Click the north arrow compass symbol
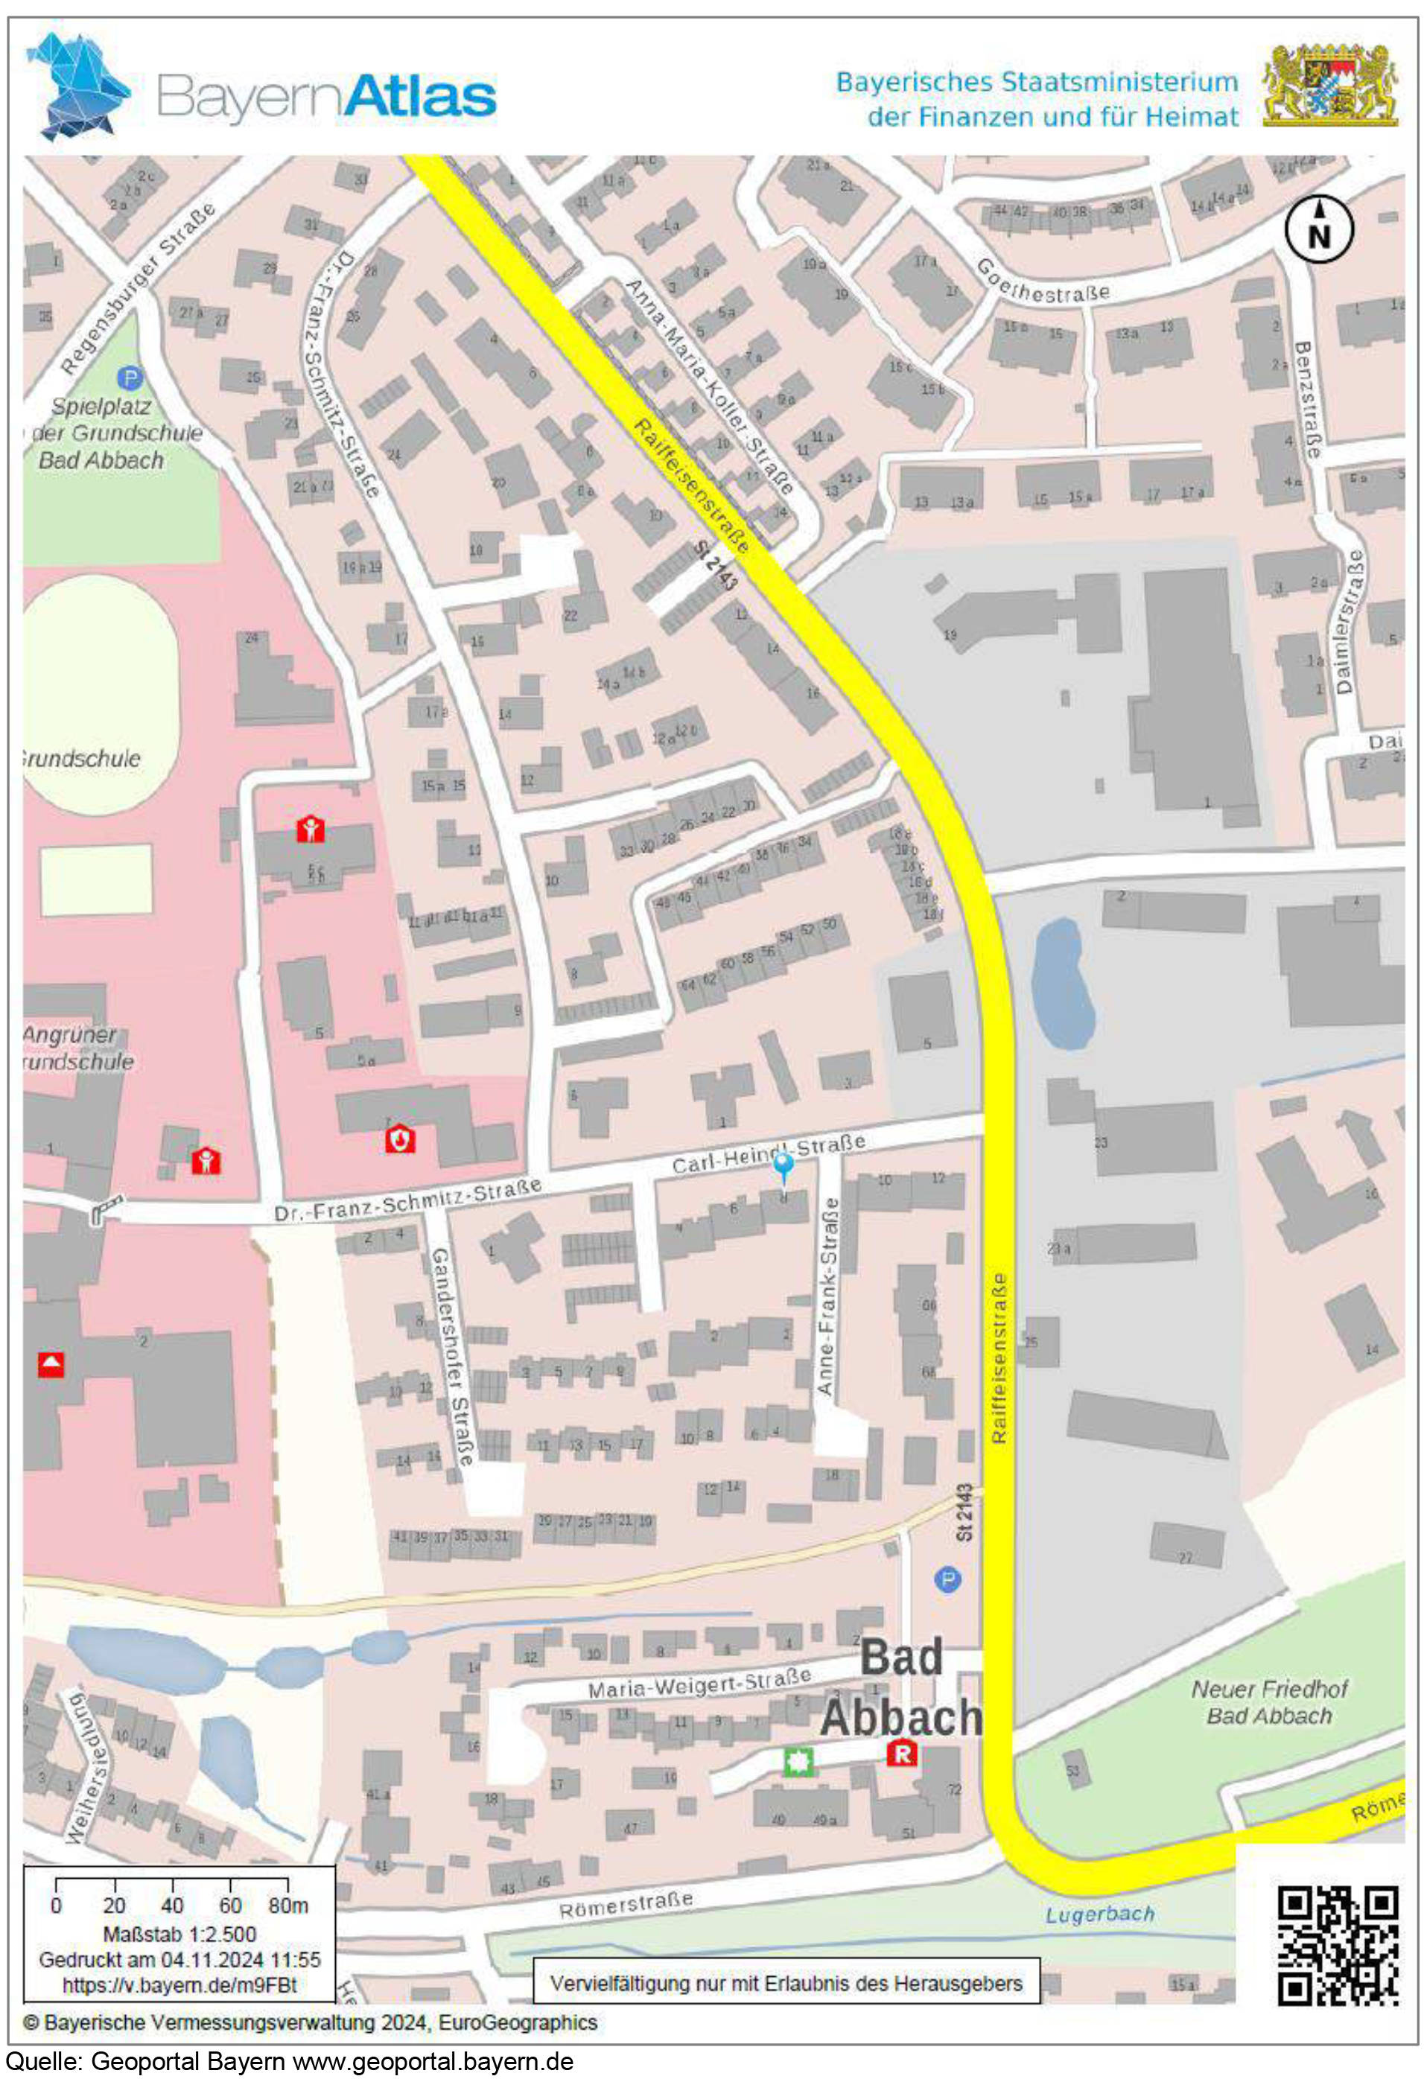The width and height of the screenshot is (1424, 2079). [1318, 229]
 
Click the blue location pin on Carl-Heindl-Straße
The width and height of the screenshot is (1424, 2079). [783, 1165]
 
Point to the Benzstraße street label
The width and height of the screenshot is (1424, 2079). [1306, 399]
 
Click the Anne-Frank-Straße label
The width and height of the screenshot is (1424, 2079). [827, 1296]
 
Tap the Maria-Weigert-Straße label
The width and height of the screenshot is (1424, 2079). [699, 1683]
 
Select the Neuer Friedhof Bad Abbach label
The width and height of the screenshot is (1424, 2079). [1268, 1701]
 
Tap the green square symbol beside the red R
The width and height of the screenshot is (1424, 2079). [798, 1763]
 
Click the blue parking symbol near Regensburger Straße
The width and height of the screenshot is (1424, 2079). [130, 378]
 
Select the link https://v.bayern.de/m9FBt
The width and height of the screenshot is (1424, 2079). [179, 1985]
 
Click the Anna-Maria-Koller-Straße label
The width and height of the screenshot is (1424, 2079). [708, 386]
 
